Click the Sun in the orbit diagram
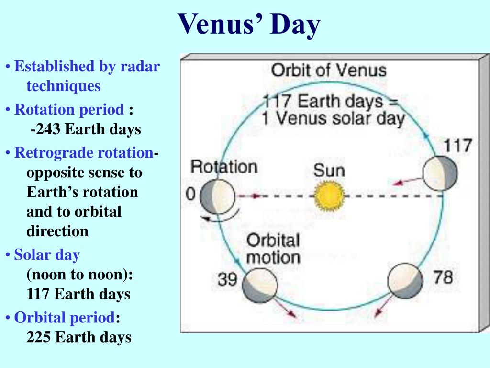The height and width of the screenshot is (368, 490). (329, 196)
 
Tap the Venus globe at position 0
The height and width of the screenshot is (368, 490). (218, 196)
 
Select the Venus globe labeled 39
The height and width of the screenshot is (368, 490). (260, 285)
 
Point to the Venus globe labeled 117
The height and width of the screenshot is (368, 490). (440, 173)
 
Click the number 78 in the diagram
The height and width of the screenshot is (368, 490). (443, 277)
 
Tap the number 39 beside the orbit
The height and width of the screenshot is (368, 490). (227, 279)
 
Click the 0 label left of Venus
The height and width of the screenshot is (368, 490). (190, 194)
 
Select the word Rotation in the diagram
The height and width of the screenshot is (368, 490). (224, 166)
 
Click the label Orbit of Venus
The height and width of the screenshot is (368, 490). (329, 70)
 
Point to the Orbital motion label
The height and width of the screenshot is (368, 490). (273, 249)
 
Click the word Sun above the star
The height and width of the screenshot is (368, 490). (329, 171)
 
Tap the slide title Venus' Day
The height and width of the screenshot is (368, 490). (249, 24)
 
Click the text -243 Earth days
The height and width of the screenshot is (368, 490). (86, 129)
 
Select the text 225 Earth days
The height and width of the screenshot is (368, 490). (79, 337)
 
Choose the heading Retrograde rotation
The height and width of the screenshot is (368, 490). (84, 153)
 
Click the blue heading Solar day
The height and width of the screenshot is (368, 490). (47, 255)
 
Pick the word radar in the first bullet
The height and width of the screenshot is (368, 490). (140, 66)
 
